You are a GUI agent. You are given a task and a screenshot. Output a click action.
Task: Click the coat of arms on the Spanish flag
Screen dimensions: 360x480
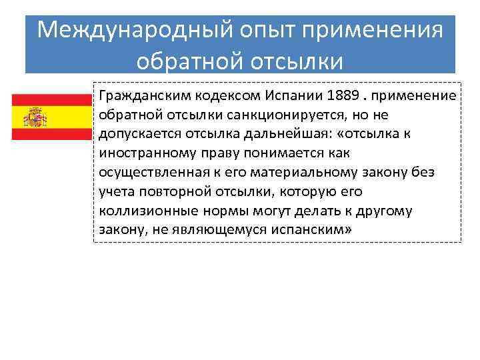pos(35,117)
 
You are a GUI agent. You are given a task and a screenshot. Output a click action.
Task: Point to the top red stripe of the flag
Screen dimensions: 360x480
pos(51,100)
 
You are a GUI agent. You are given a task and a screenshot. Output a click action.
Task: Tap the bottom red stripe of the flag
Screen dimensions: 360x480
pos(51,133)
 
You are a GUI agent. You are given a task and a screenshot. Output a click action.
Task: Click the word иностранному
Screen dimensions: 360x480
pos(139,153)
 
